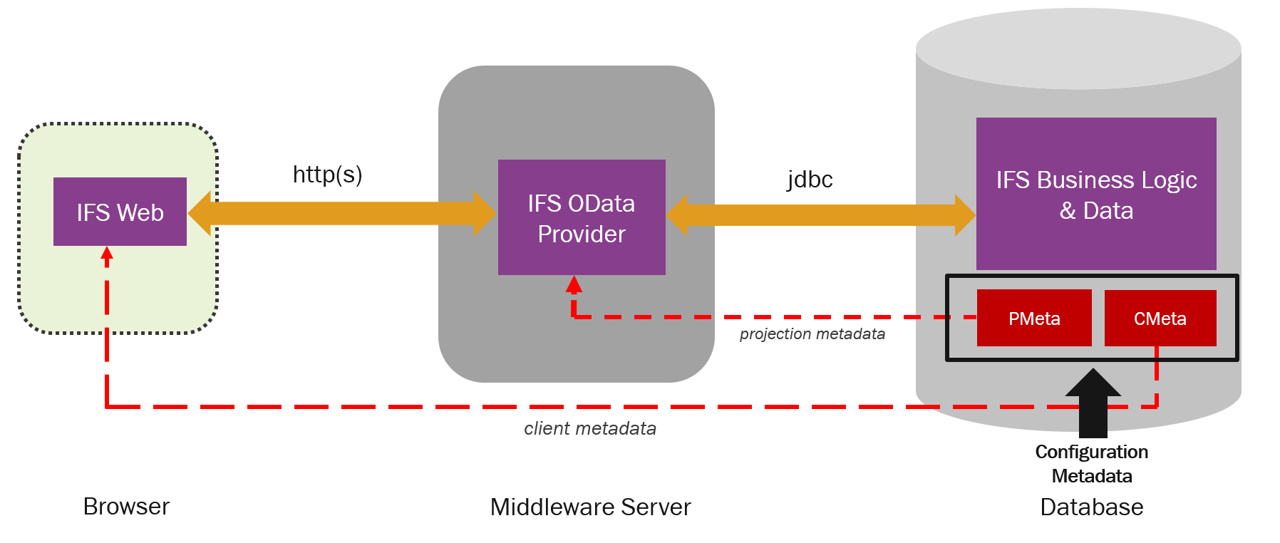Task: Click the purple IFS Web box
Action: point(120,212)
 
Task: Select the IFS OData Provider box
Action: point(582,217)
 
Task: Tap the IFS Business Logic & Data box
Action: point(1096,194)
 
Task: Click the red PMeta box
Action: point(1034,318)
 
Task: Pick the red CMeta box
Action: point(1160,318)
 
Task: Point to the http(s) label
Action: point(327,174)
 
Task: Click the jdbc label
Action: point(810,179)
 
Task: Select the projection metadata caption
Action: point(812,333)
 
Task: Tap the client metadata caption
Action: point(590,428)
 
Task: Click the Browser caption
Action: point(126,506)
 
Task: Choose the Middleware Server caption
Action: point(590,507)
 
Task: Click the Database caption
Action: point(1091,507)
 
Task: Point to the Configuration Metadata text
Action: point(1091,463)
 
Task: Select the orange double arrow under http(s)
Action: point(342,213)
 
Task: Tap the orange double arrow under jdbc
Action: point(820,214)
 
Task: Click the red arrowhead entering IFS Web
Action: point(107,253)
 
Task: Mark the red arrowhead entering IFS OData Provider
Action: point(574,284)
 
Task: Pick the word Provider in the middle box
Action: point(582,234)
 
